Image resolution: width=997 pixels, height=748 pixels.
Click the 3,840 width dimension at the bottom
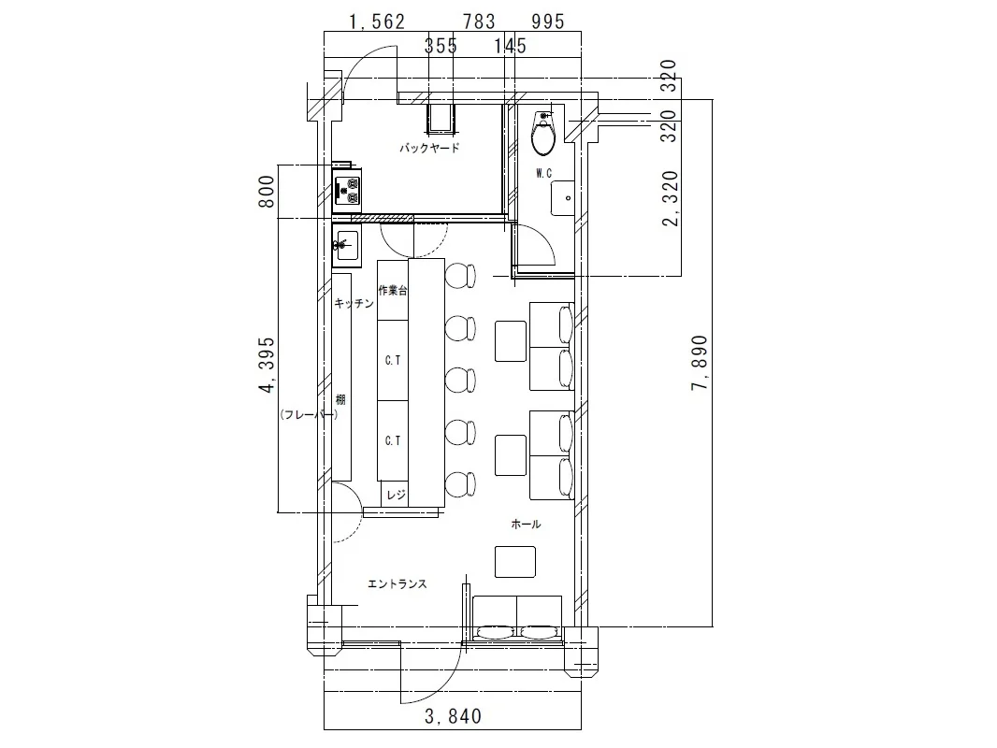(x=453, y=716)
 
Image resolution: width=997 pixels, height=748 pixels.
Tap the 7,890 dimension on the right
(x=700, y=363)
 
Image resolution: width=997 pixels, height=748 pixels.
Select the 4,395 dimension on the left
(x=267, y=365)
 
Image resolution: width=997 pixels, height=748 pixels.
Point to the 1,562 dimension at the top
(x=377, y=22)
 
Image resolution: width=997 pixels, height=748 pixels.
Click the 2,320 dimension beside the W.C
(x=671, y=199)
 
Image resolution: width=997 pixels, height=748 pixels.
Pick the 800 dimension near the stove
(x=267, y=192)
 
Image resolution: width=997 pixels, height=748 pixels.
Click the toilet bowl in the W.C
(x=543, y=134)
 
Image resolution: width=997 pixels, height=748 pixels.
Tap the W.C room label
(x=543, y=173)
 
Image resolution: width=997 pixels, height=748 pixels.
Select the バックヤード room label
(x=429, y=148)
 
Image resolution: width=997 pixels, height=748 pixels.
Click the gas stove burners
(x=347, y=190)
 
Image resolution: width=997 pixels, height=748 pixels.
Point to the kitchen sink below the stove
(x=347, y=245)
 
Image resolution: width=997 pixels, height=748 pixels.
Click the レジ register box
(x=395, y=495)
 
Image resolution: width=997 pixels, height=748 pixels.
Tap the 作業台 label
(x=393, y=291)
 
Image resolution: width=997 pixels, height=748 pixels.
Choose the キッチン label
(x=354, y=303)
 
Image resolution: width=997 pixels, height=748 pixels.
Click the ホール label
(x=526, y=524)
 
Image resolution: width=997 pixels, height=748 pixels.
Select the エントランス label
(x=397, y=583)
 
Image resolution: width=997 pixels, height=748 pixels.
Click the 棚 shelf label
(x=340, y=400)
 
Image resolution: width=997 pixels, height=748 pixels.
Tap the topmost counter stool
(x=461, y=275)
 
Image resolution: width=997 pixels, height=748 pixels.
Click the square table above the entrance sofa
(x=515, y=562)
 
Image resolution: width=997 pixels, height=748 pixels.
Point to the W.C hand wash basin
(x=563, y=198)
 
